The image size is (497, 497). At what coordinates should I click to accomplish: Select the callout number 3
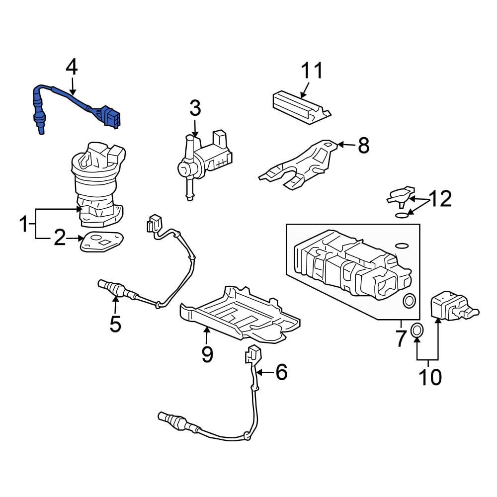point(195,108)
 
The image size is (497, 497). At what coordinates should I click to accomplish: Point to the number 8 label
point(364,145)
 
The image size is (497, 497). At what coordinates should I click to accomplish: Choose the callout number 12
point(440,199)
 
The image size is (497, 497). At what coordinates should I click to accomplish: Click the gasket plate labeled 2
point(101,242)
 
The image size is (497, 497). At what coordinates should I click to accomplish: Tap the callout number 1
point(24,224)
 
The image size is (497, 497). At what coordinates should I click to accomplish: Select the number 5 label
point(115,324)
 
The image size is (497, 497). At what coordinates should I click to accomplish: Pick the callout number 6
point(281,372)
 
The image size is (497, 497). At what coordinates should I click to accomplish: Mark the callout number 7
point(401,338)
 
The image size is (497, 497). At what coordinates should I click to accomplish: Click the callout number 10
point(430,377)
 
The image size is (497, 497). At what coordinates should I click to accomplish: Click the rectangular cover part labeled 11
point(302,107)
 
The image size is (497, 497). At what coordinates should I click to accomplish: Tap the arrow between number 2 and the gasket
point(75,239)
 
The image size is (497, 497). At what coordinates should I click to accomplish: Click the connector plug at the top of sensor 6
point(252,354)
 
